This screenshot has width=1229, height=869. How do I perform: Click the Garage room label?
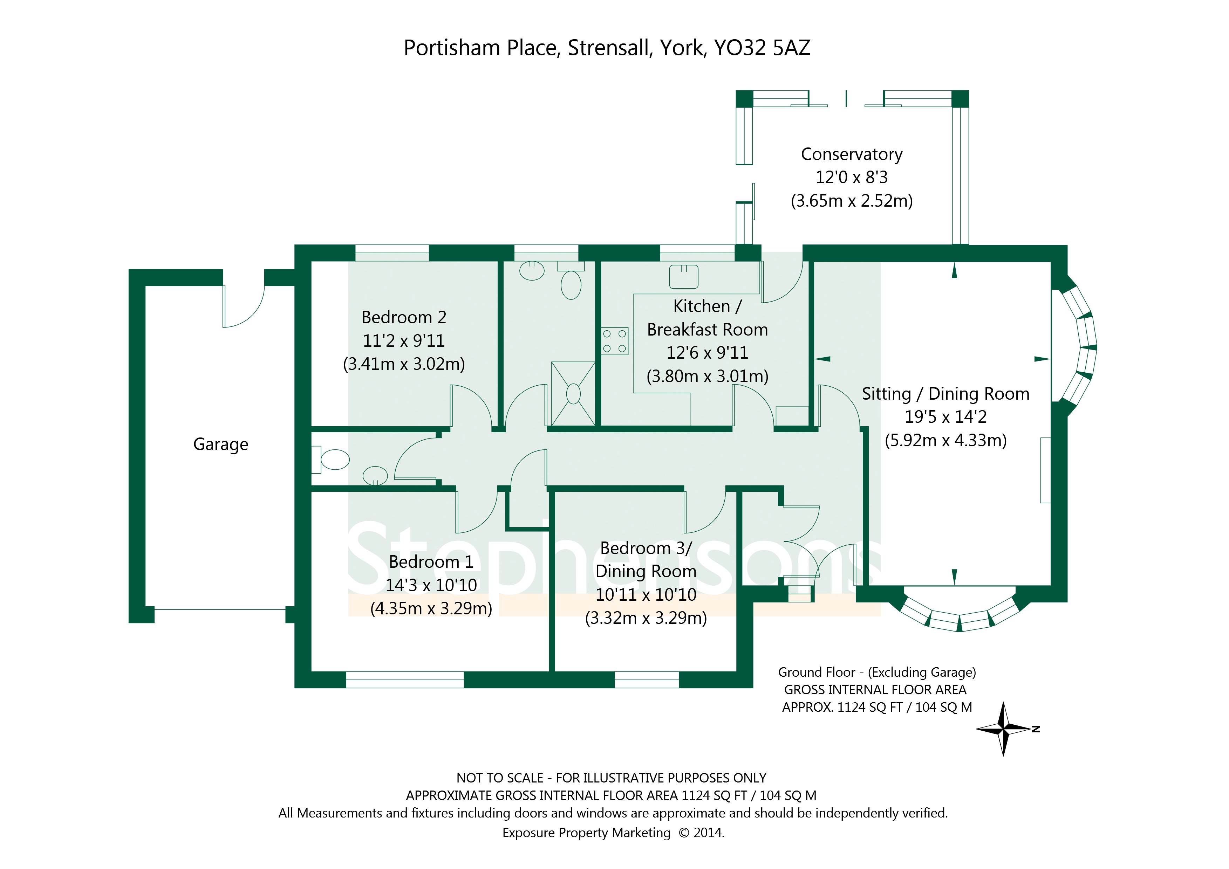pyautogui.click(x=220, y=444)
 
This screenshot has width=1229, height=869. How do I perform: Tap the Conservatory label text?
pyautogui.click(x=851, y=154)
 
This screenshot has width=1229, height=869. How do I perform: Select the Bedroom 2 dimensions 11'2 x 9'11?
pyautogui.click(x=404, y=340)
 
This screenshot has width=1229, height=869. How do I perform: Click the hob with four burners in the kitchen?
pyautogui.click(x=615, y=341)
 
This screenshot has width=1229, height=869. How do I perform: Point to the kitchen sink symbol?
pyautogui.click(x=684, y=276)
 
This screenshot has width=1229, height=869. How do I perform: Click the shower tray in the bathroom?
pyautogui.click(x=573, y=393)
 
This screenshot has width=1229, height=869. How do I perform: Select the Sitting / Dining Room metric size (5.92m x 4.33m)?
pyautogui.click(x=945, y=440)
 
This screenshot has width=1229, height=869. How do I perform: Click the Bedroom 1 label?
pyautogui.click(x=431, y=562)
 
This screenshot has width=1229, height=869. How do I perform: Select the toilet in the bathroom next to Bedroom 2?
pyautogui.click(x=571, y=284)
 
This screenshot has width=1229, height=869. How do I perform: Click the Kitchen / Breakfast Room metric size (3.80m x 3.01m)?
pyautogui.click(x=707, y=376)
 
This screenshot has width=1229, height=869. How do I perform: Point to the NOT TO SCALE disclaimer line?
pyautogui.click(x=611, y=778)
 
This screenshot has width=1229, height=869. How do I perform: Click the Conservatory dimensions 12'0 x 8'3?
pyautogui.click(x=851, y=177)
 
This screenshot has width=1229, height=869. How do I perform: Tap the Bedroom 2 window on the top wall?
pyautogui.click(x=392, y=253)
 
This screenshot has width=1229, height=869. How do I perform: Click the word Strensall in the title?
pyautogui.click(x=609, y=48)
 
